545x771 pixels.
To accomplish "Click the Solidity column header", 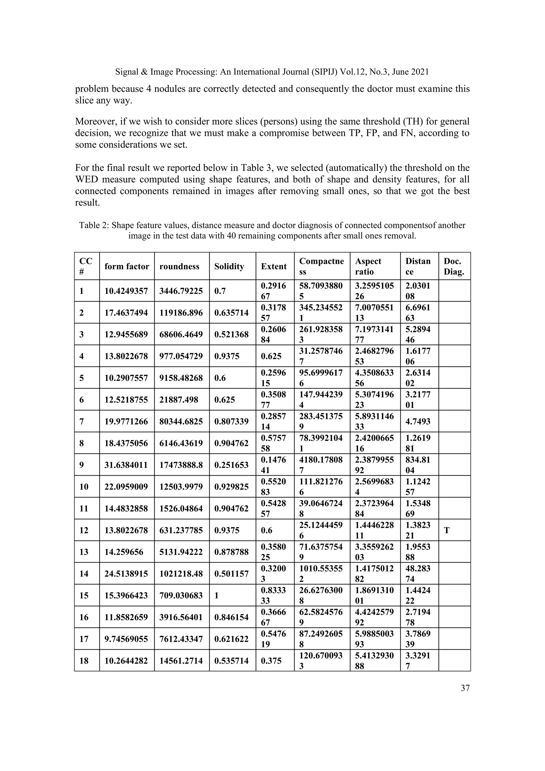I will [x=229, y=266].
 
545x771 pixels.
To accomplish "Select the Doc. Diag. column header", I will [x=454, y=266].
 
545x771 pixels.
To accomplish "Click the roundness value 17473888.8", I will [x=181, y=465].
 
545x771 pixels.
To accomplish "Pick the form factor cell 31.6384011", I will [x=126, y=465].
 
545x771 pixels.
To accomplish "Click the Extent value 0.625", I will [x=271, y=356].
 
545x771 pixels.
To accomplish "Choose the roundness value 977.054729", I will [x=181, y=356].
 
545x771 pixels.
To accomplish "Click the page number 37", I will [x=465, y=688].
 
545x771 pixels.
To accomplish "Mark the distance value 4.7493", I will [x=418, y=421].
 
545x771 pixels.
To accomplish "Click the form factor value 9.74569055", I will [x=126, y=639].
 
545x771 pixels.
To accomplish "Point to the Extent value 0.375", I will [x=271, y=660].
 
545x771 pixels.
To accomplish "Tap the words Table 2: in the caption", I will [x=94, y=225].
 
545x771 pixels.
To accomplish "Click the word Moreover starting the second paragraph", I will [x=96, y=121].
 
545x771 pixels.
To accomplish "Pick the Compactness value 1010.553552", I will [x=321, y=574].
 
